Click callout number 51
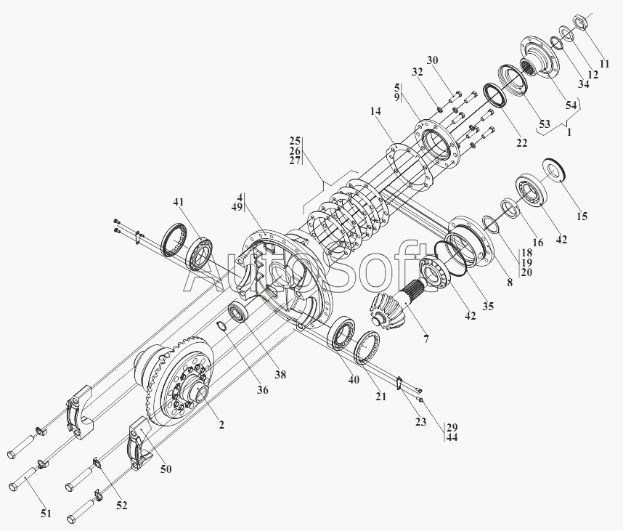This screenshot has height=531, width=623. coord(46,514)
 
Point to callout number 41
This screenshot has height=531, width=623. coord(179,201)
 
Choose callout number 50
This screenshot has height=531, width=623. coord(166,469)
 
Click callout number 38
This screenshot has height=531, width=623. coord(280,375)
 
